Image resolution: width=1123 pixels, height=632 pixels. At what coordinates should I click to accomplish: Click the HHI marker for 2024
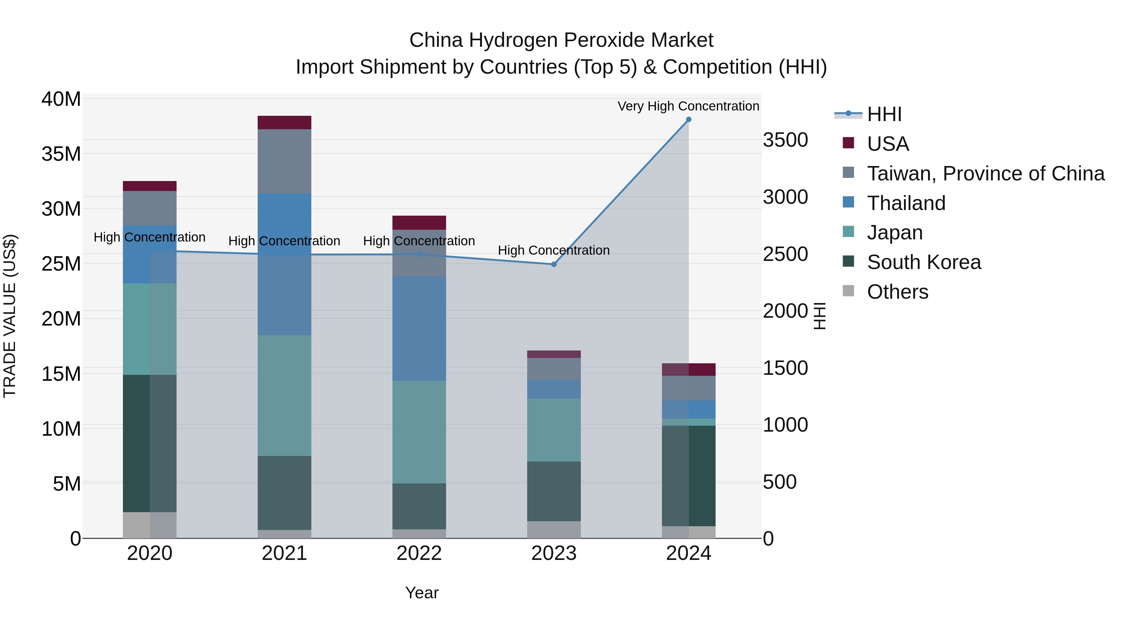[x=688, y=120]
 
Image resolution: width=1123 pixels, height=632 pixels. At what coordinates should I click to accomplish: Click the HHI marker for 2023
[x=554, y=264]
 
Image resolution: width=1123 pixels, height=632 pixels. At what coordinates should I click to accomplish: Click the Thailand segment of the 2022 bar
[x=419, y=328]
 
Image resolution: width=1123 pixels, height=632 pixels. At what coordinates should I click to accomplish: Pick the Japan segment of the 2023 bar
[x=554, y=430]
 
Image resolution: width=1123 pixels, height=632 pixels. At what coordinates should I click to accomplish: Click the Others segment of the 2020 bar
[x=149, y=525]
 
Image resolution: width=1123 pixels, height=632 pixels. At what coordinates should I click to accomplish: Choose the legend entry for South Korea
[x=923, y=262]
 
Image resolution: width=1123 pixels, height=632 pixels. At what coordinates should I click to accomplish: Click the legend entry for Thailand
[x=906, y=203]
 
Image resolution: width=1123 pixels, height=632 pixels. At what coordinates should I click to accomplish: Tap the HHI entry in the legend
[x=884, y=114]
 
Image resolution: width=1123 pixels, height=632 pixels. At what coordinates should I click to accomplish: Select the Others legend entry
[x=897, y=292]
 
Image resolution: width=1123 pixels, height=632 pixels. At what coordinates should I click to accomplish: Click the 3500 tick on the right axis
[x=785, y=140]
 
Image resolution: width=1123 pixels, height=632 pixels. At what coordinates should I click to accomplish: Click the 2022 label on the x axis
[x=419, y=553]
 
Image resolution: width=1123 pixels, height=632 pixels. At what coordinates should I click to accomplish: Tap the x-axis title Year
[x=421, y=593]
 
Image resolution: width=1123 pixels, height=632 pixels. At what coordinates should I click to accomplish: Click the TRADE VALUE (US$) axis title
[x=10, y=316]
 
